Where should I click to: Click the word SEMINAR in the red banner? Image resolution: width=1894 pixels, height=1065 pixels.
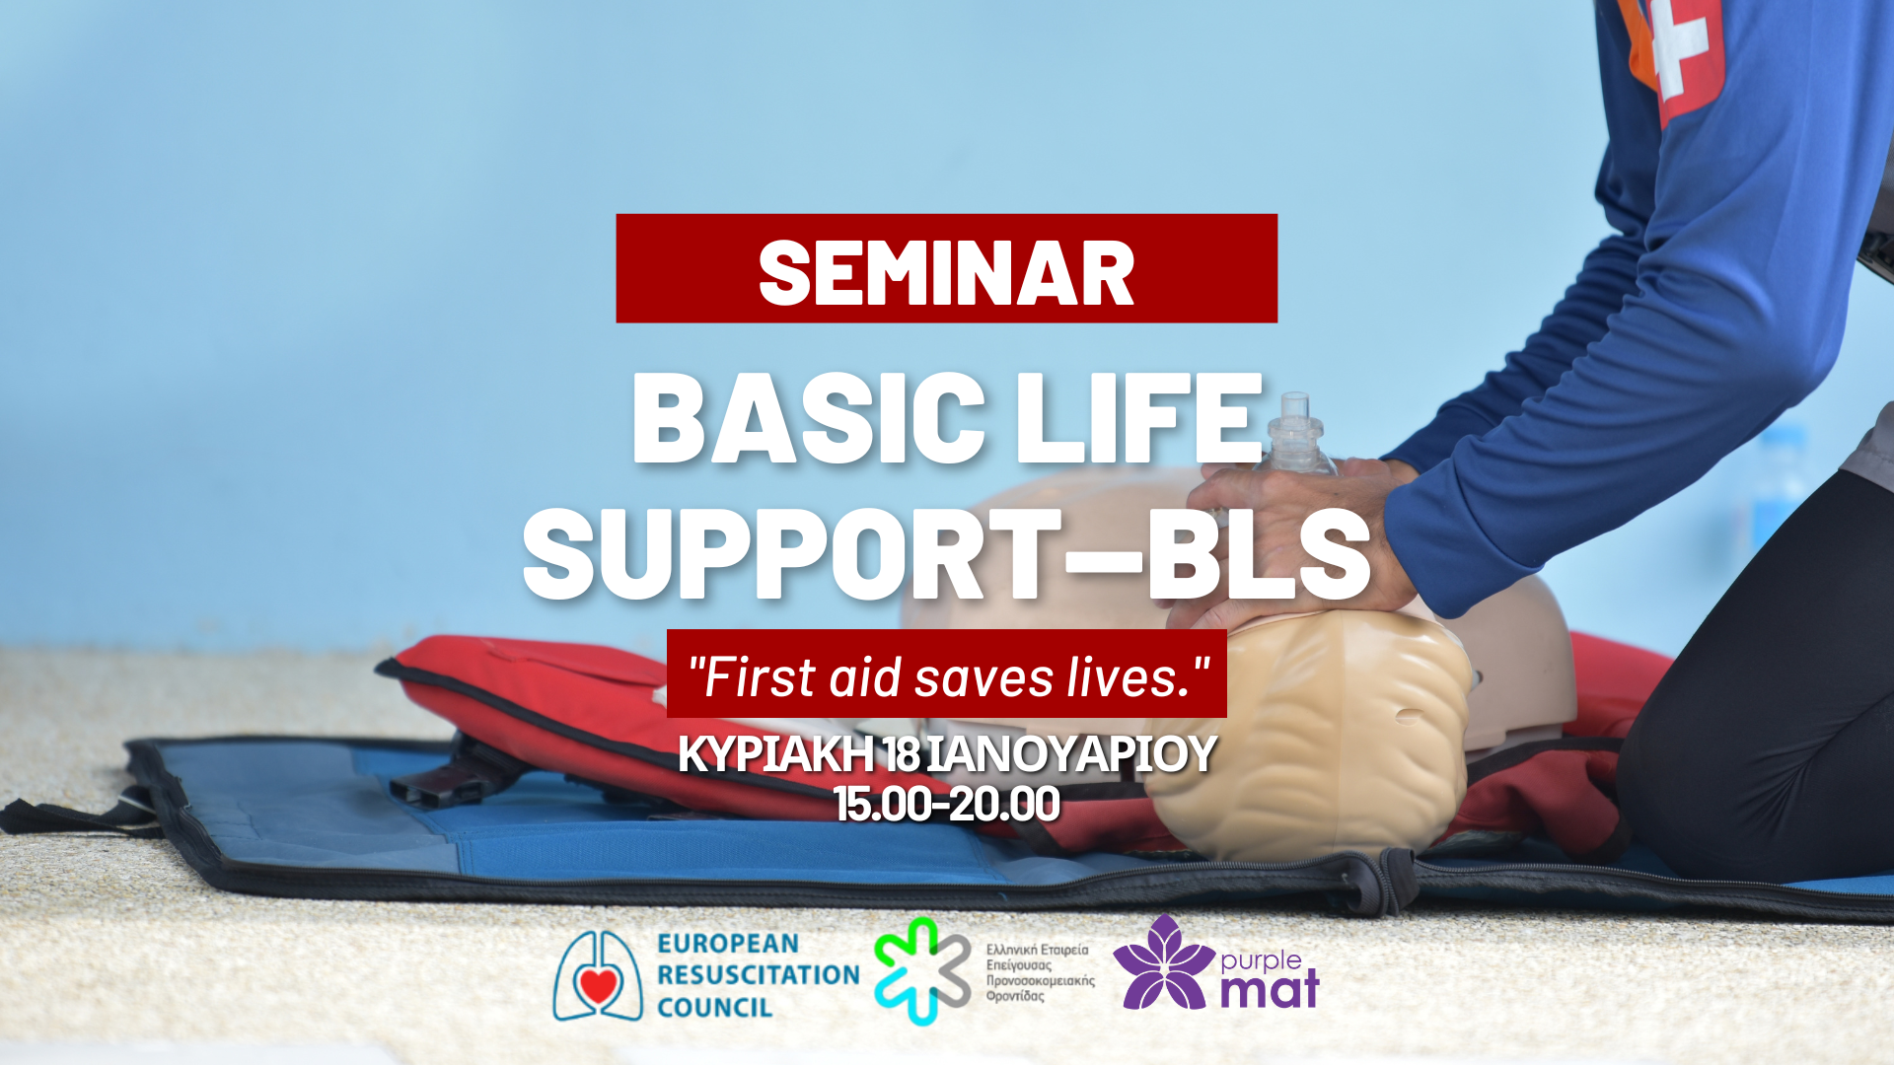(x=946, y=273)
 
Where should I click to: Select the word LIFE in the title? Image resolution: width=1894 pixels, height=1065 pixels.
(x=1139, y=418)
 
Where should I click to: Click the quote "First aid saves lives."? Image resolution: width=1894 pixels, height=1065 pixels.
(x=947, y=677)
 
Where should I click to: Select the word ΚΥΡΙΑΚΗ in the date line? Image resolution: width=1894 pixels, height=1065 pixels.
(x=775, y=754)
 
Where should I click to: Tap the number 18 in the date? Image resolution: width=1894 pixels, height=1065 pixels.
(x=902, y=754)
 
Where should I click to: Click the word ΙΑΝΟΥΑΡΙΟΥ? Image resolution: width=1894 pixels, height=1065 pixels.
(x=1071, y=754)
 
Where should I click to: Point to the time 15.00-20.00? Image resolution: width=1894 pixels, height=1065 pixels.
(x=947, y=804)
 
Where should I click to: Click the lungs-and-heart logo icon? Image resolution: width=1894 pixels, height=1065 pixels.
(x=598, y=975)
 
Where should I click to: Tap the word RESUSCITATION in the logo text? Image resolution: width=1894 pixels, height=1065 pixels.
(x=758, y=974)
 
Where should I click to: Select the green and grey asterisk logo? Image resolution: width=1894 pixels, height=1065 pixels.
(x=923, y=970)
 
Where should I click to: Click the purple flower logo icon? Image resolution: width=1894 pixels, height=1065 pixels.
(x=1164, y=962)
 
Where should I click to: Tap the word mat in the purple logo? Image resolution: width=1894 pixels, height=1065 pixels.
(x=1270, y=989)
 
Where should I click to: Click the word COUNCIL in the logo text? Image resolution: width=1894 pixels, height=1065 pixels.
(x=714, y=1008)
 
